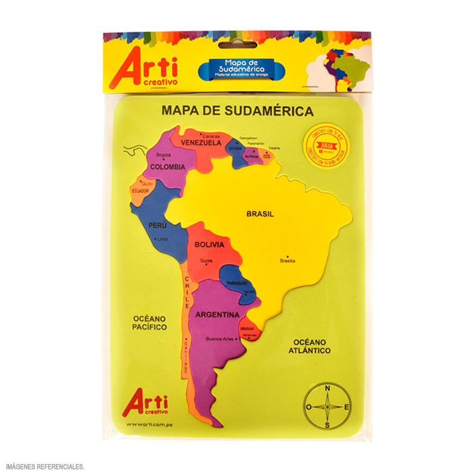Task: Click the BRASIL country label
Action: point(259,214)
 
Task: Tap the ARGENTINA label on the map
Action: point(214,315)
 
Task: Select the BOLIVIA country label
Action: point(210,245)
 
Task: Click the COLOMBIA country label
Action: point(167,167)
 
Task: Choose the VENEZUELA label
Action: point(201,143)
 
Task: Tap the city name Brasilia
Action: point(287,261)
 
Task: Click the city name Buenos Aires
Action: point(220,339)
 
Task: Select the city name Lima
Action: point(162,239)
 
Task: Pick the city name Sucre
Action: point(206,260)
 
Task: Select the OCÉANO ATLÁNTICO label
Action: point(309,346)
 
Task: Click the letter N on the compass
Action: point(327,388)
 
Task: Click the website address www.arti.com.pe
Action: point(146,424)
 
